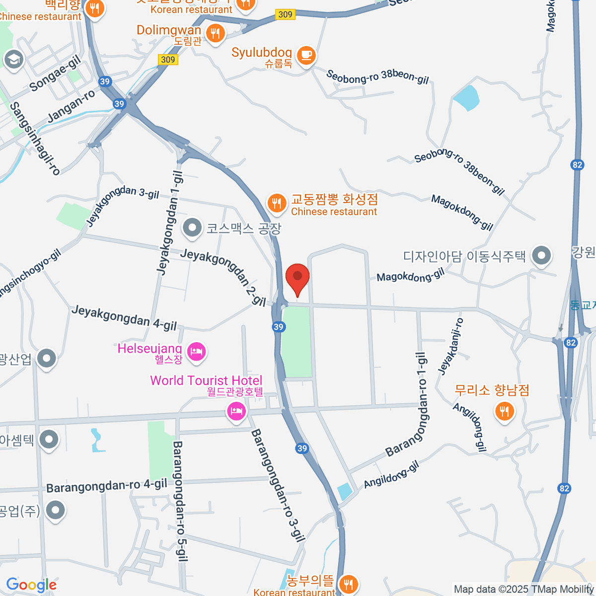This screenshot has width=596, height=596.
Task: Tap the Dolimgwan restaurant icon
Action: (x=215, y=34)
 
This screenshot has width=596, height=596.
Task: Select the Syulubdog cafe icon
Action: (x=306, y=54)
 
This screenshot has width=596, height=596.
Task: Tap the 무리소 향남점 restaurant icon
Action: (x=504, y=411)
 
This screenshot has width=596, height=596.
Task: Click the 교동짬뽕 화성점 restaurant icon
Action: (x=276, y=203)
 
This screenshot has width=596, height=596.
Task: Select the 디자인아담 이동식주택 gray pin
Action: (x=541, y=256)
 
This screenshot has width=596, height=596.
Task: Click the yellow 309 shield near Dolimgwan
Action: (x=168, y=60)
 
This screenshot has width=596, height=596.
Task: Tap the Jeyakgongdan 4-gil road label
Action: (x=124, y=318)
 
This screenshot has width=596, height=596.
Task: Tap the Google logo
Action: (x=31, y=585)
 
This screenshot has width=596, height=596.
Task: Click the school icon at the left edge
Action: (x=13, y=60)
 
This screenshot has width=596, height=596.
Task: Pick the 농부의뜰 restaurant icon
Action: (x=348, y=584)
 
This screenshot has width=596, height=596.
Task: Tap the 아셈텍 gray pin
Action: (x=49, y=440)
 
